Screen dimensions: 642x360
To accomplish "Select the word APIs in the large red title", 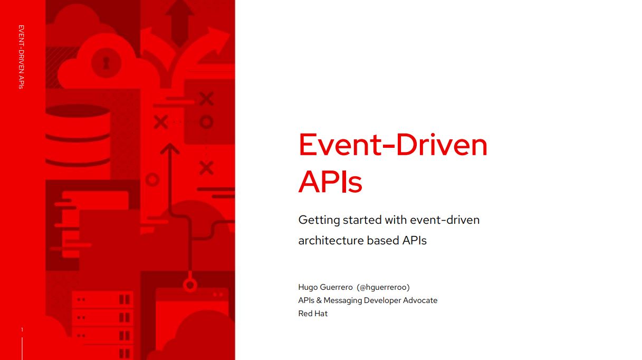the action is (330, 182).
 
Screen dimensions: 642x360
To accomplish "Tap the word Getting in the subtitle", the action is (319, 221).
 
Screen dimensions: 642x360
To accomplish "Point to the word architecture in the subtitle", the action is (331, 240).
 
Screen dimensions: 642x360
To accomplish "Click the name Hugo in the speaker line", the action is (308, 288).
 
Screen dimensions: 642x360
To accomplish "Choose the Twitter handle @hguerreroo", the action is (383, 288).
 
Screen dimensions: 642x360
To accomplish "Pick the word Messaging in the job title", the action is (342, 301).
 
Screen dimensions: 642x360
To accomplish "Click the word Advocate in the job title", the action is (420, 300).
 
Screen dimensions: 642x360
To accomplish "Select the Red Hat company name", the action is (313, 314).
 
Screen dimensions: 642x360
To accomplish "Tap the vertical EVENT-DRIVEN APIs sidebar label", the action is (21, 57).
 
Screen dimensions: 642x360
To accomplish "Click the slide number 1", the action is (22, 329).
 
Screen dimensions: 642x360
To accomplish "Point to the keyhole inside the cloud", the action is (106, 62).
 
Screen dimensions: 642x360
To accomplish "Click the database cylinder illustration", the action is (78, 135).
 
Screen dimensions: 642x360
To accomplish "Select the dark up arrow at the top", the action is (179, 23).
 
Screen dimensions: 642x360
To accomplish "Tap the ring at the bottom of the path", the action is (190, 285).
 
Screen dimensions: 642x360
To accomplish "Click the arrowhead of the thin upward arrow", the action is (170, 148).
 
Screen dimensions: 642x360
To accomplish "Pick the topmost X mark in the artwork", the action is (206, 99).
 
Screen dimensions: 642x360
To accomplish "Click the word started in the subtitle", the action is (362, 220).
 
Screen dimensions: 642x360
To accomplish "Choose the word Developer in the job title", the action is (382, 301).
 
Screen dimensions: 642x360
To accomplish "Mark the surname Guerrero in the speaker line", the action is (336, 288).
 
